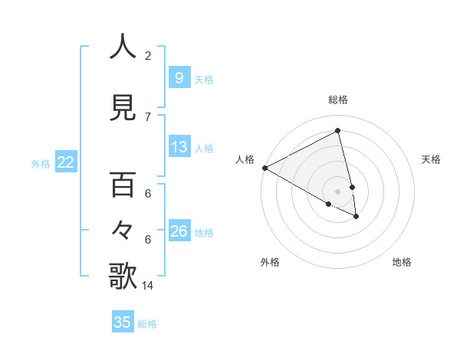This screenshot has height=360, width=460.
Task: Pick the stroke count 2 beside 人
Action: pos(148,56)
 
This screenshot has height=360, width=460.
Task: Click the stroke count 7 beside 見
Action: pos(148,116)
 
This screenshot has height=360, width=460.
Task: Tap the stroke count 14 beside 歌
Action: pos(149,286)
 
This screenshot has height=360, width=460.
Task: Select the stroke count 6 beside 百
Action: pos(148,195)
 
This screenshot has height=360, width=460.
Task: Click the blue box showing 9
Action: pos(179,78)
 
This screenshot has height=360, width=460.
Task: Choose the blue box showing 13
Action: pos(179,147)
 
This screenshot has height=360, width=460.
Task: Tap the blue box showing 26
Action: pos(179,231)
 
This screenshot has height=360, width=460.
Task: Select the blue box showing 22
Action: pos(65,162)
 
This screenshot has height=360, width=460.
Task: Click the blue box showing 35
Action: pos(122,322)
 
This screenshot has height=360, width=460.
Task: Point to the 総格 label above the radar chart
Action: pos(338,100)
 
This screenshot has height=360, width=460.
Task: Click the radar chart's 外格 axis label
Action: pos(270,262)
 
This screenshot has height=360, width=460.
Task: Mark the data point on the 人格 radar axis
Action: pos(264,167)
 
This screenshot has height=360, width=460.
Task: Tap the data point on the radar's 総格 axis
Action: pos(338,131)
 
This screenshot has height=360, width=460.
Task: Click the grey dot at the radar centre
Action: pos(337,191)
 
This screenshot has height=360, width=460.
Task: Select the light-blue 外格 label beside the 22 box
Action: pos(41,163)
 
